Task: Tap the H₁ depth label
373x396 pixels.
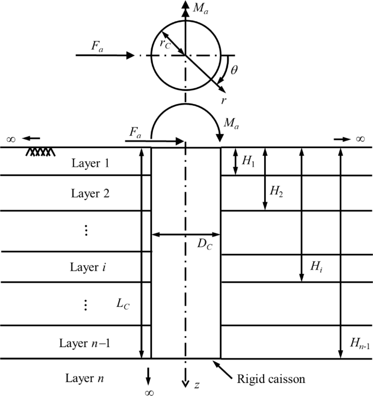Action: point(248,161)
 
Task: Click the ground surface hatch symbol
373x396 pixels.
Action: point(41,152)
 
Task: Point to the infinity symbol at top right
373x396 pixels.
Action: point(359,139)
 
